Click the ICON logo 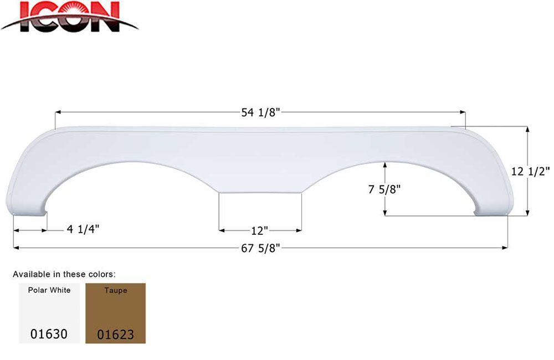click(x=69, y=17)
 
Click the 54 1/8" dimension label click(x=260, y=112)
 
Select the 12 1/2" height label click(x=530, y=172)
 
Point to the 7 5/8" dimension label click(x=384, y=189)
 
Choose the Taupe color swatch click(x=115, y=313)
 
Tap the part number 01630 click(x=49, y=334)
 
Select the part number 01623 click(x=115, y=335)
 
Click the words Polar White click(x=49, y=290)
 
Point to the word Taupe click(x=115, y=290)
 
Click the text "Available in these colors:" click(x=64, y=274)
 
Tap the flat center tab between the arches click(x=260, y=186)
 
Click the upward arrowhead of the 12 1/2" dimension click(x=527, y=129)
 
